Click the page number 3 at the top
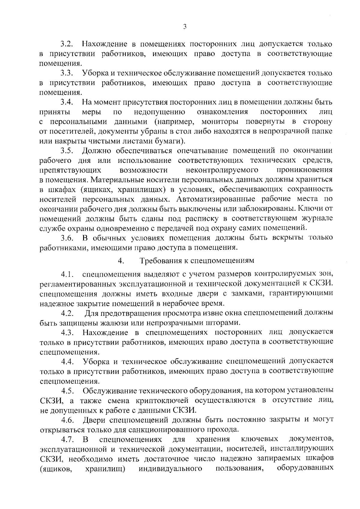click(x=184, y=27)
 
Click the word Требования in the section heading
click(x=161, y=260)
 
